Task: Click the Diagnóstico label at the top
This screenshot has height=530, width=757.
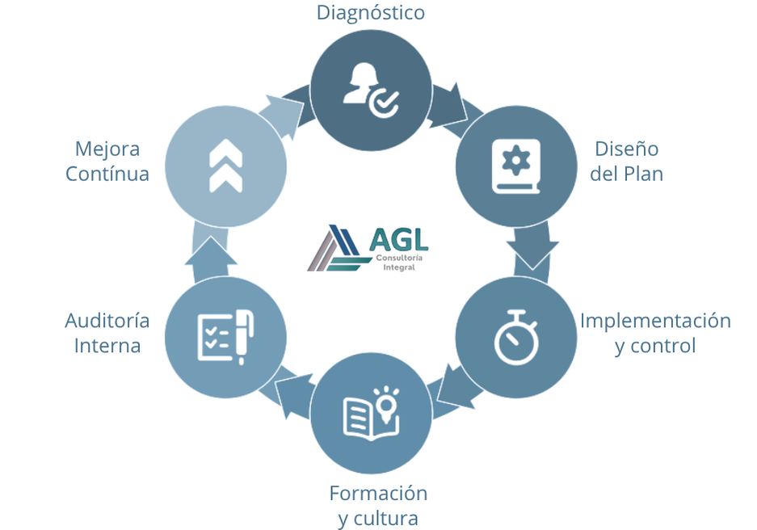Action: [x=370, y=12]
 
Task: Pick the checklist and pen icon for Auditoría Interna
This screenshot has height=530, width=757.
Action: [x=225, y=337]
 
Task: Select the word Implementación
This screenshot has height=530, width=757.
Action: [x=655, y=321]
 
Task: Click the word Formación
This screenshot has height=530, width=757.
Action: [x=378, y=492]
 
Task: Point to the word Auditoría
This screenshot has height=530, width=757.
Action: [x=107, y=321]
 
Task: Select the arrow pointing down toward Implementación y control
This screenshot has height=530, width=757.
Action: [x=532, y=250]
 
